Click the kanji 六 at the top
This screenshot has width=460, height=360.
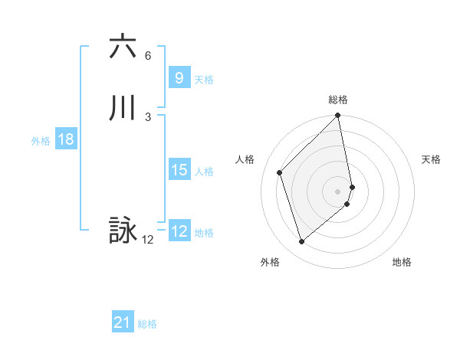(123, 47)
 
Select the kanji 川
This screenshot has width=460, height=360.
(123, 108)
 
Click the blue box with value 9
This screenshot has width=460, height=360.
(179, 78)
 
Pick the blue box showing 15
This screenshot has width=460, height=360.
(179, 170)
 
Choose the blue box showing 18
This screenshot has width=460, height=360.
(65, 139)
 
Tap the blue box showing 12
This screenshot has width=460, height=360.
(179, 231)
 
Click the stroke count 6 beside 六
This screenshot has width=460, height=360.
(148, 56)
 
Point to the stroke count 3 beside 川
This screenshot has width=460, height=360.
(148, 117)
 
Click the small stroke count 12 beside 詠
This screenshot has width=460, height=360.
(148, 240)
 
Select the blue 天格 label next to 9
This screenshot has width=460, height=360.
(204, 80)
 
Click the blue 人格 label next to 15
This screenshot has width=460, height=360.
(204, 172)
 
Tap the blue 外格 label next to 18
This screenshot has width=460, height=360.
(41, 141)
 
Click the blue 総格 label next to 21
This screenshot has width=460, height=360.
(147, 324)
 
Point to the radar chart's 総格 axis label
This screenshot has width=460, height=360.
(338, 100)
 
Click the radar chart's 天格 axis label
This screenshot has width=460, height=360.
(432, 159)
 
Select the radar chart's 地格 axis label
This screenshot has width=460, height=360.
(402, 263)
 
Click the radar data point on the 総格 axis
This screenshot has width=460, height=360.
(338, 116)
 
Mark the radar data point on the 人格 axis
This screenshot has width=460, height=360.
(280, 172)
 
